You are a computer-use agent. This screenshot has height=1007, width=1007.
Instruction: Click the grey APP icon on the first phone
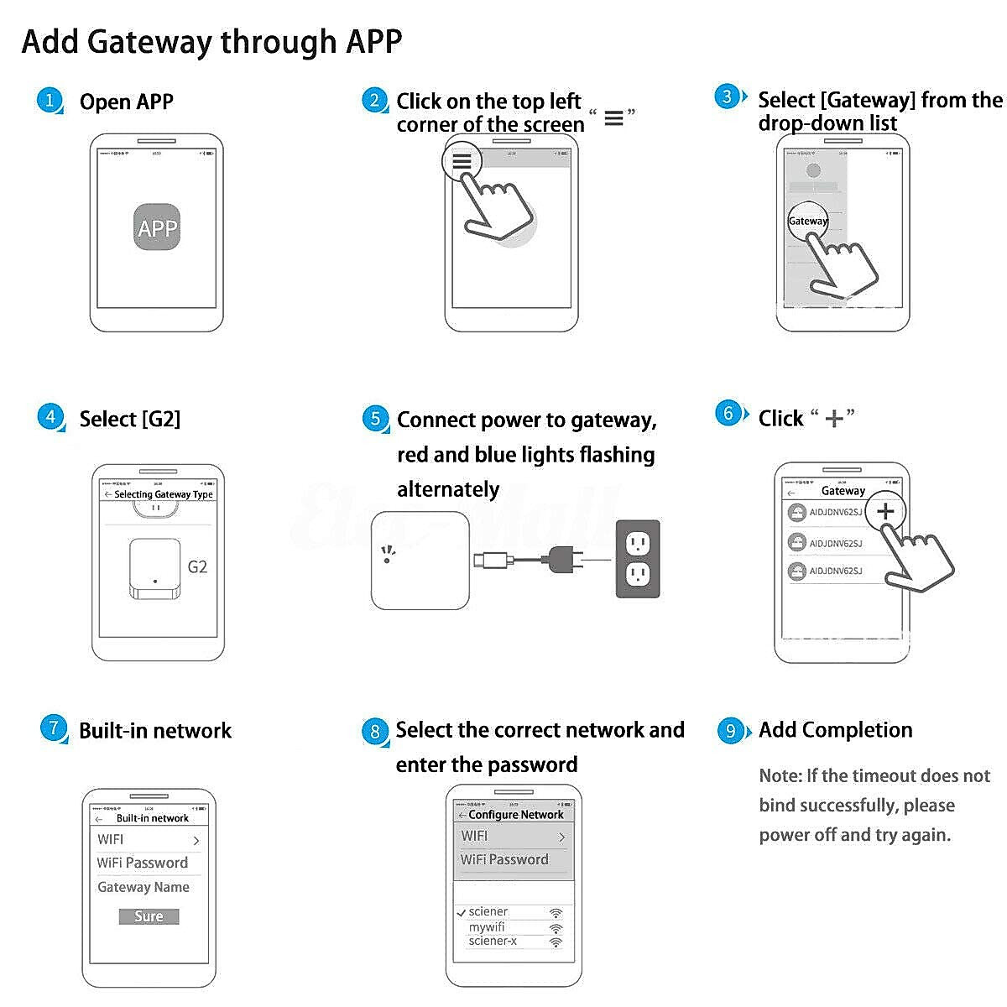pyautogui.click(x=157, y=227)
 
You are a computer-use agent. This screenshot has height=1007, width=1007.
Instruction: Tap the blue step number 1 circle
pyautogui.click(x=50, y=101)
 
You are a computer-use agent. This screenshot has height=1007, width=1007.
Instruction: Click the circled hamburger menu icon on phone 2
pyautogui.click(x=462, y=161)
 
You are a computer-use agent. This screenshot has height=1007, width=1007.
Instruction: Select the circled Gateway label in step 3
pyautogui.click(x=807, y=221)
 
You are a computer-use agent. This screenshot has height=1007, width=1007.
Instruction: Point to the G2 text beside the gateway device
pyautogui.click(x=197, y=567)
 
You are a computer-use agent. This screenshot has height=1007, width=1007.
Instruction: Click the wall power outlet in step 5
pyautogui.click(x=638, y=559)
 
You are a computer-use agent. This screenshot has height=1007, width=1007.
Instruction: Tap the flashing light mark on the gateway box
pyautogui.click(x=387, y=554)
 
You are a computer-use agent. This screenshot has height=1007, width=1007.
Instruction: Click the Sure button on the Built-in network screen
pyautogui.click(x=149, y=916)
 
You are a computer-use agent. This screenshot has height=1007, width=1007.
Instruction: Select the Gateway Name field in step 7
pyautogui.click(x=143, y=887)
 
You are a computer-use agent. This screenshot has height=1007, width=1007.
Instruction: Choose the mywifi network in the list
pyautogui.click(x=487, y=927)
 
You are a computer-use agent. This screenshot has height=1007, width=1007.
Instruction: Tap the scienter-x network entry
pyautogui.click(x=493, y=941)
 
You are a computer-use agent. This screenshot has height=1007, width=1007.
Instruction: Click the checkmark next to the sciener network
pyautogui.click(x=461, y=912)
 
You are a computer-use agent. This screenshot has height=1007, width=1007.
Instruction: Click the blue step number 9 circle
pyautogui.click(x=730, y=730)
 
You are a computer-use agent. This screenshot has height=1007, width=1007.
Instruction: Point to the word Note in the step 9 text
pyautogui.click(x=780, y=775)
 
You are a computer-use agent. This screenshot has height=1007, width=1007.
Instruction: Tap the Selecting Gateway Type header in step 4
pyautogui.click(x=163, y=494)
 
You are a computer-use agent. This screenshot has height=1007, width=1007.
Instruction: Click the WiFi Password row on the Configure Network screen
pyautogui.click(x=504, y=859)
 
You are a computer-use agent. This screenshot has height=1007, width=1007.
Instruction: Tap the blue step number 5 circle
pyautogui.click(x=375, y=419)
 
